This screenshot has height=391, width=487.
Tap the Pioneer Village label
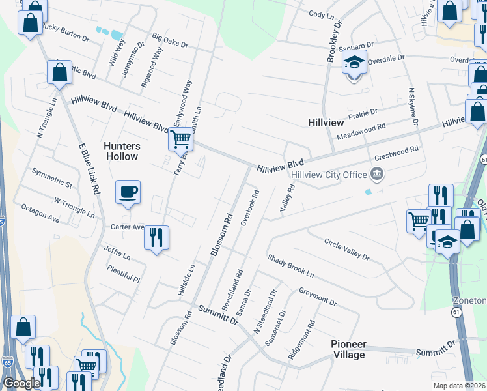click(348, 349)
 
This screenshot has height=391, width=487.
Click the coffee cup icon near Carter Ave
click(128, 192)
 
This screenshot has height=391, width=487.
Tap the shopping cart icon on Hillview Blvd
click(181, 138)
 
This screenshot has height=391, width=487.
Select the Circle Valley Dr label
click(346, 250)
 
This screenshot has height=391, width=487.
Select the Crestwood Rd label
click(396, 154)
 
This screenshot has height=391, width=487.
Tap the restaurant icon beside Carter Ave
click(156, 237)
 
